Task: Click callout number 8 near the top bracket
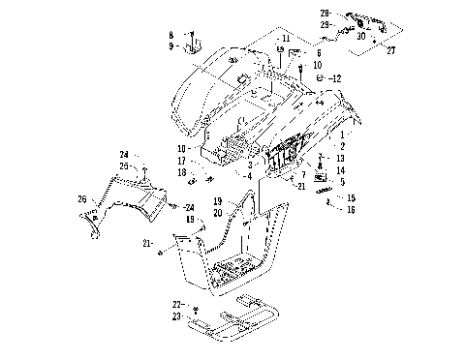click(x=170, y=35)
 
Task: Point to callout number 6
click(x=318, y=53)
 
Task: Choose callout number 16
click(x=351, y=208)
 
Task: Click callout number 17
click(x=181, y=161)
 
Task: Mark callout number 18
click(x=181, y=171)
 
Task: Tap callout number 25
click(x=124, y=165)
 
